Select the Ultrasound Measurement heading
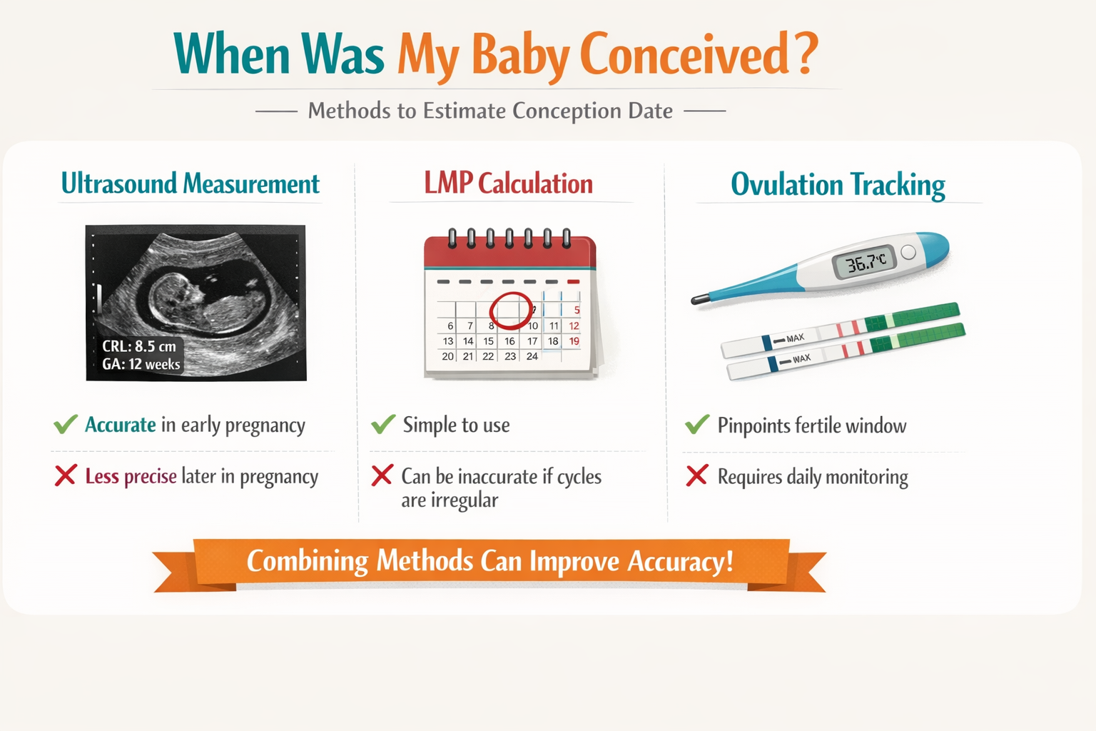click(x=190, y=184)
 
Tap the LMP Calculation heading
click(x=508, y=184)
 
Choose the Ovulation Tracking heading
click(x=838, y=185)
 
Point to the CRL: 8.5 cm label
click(x=139, y=346)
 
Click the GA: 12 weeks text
click(x=141, y=364)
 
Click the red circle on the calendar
click(x=510, y=311)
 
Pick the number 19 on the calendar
click(x=574, y=341)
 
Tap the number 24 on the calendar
click(x=532, y=356)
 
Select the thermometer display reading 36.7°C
click(x=865, y=263)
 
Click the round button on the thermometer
click(x=908, y=252)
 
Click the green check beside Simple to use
click(x=383, y=425)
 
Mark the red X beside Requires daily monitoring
click(x=696, y=475)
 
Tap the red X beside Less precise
click(x=65, y=475)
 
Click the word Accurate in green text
click(x=120, y=425)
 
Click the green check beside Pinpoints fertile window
click(x=697, y=425)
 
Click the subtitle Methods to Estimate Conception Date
click(x=490, y=111)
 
